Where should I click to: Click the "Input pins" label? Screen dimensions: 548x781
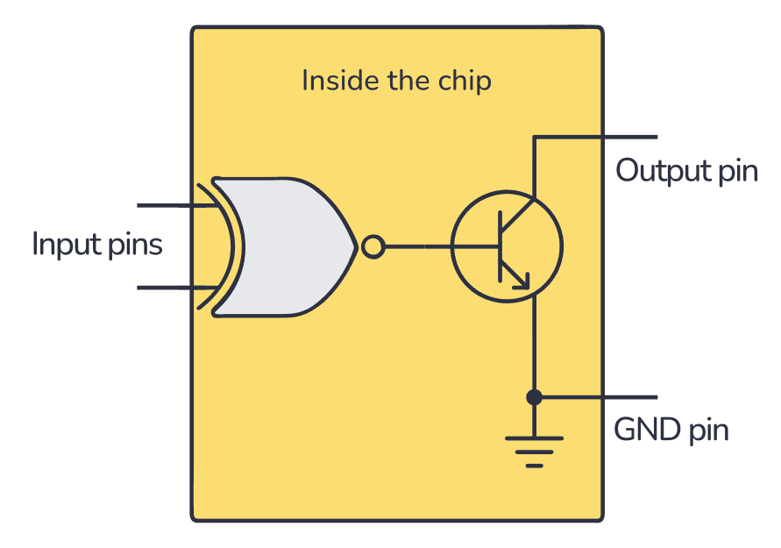97,244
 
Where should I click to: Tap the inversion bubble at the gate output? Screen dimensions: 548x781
373,248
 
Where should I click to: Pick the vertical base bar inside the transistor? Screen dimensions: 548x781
500,246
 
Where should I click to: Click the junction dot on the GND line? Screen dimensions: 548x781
533,397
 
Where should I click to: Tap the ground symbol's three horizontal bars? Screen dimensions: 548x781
533,450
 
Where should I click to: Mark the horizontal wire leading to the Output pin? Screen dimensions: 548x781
596,137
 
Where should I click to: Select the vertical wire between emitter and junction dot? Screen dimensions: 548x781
533,346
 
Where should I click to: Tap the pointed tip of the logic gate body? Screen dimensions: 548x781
355,247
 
